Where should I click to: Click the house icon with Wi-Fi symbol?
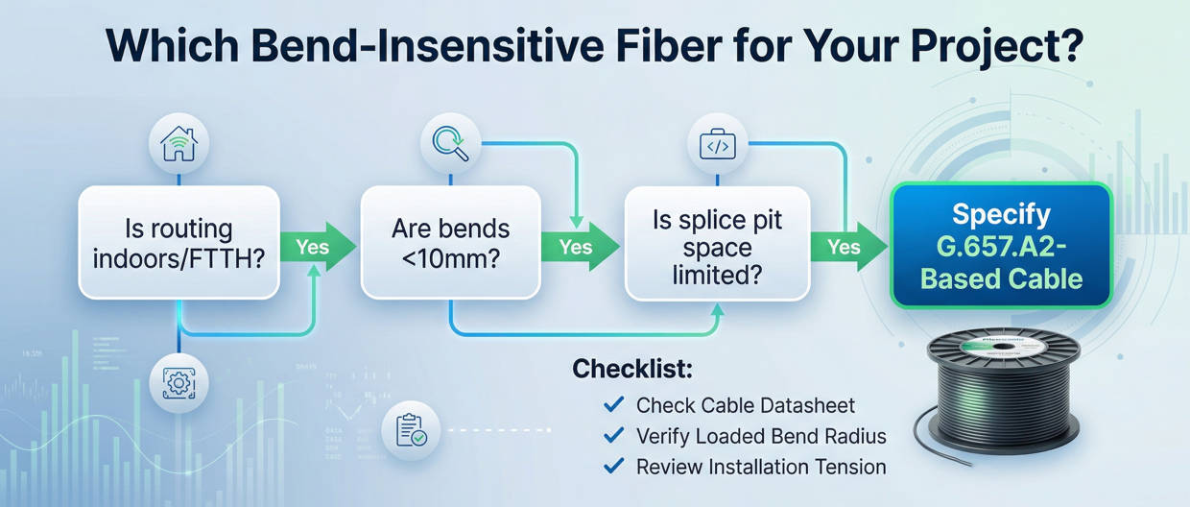(x=178, y=146)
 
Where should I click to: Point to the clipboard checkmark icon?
(x=410, y=429)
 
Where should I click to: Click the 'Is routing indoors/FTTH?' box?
(x=178, y=242)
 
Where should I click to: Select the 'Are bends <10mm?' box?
(x=450, y=242)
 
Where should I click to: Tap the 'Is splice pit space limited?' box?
(x=717, y=247)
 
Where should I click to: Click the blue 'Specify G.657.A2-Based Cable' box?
(x=1001, y=245)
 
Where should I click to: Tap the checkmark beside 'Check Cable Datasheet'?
(x=611, y=404)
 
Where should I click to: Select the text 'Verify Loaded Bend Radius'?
(x=761, y=436)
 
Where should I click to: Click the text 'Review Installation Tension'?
(x=761, y=468)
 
